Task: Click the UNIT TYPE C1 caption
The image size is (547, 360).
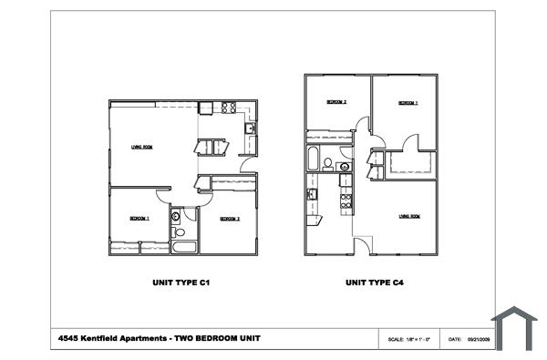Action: (x=181, y=283)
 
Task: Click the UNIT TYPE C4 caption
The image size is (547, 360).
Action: (x=375, y=283)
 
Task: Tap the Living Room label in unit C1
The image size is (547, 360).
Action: (x=141, y=147)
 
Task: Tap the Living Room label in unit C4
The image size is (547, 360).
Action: (x=408, y=216)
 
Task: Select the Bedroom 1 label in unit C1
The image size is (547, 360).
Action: (x=139, y=219)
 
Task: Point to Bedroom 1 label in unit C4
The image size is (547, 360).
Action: (x=408, y=103)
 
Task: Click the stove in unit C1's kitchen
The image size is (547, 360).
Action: (x=228, y=108)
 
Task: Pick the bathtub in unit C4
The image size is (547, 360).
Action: (x=313, y=159)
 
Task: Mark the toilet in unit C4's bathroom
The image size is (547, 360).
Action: (x=327, y=165)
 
